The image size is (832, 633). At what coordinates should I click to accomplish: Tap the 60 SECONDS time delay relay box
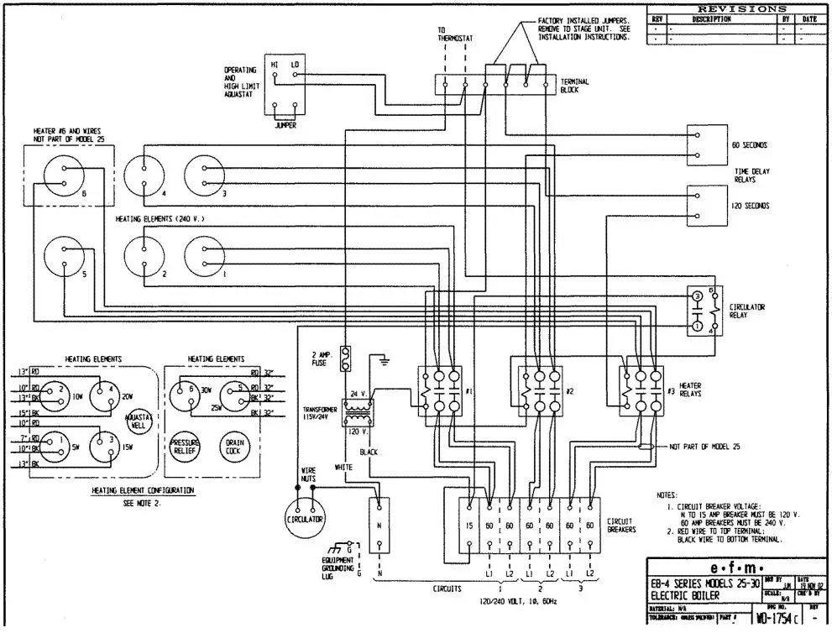point(706,144)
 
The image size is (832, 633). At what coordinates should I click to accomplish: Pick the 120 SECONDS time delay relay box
point(706,205)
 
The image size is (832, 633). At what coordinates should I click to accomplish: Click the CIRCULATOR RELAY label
point(748,311)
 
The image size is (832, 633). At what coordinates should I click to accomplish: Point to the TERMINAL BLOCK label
point(576,85)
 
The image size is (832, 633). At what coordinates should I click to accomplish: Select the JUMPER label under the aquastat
point(285,125)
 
